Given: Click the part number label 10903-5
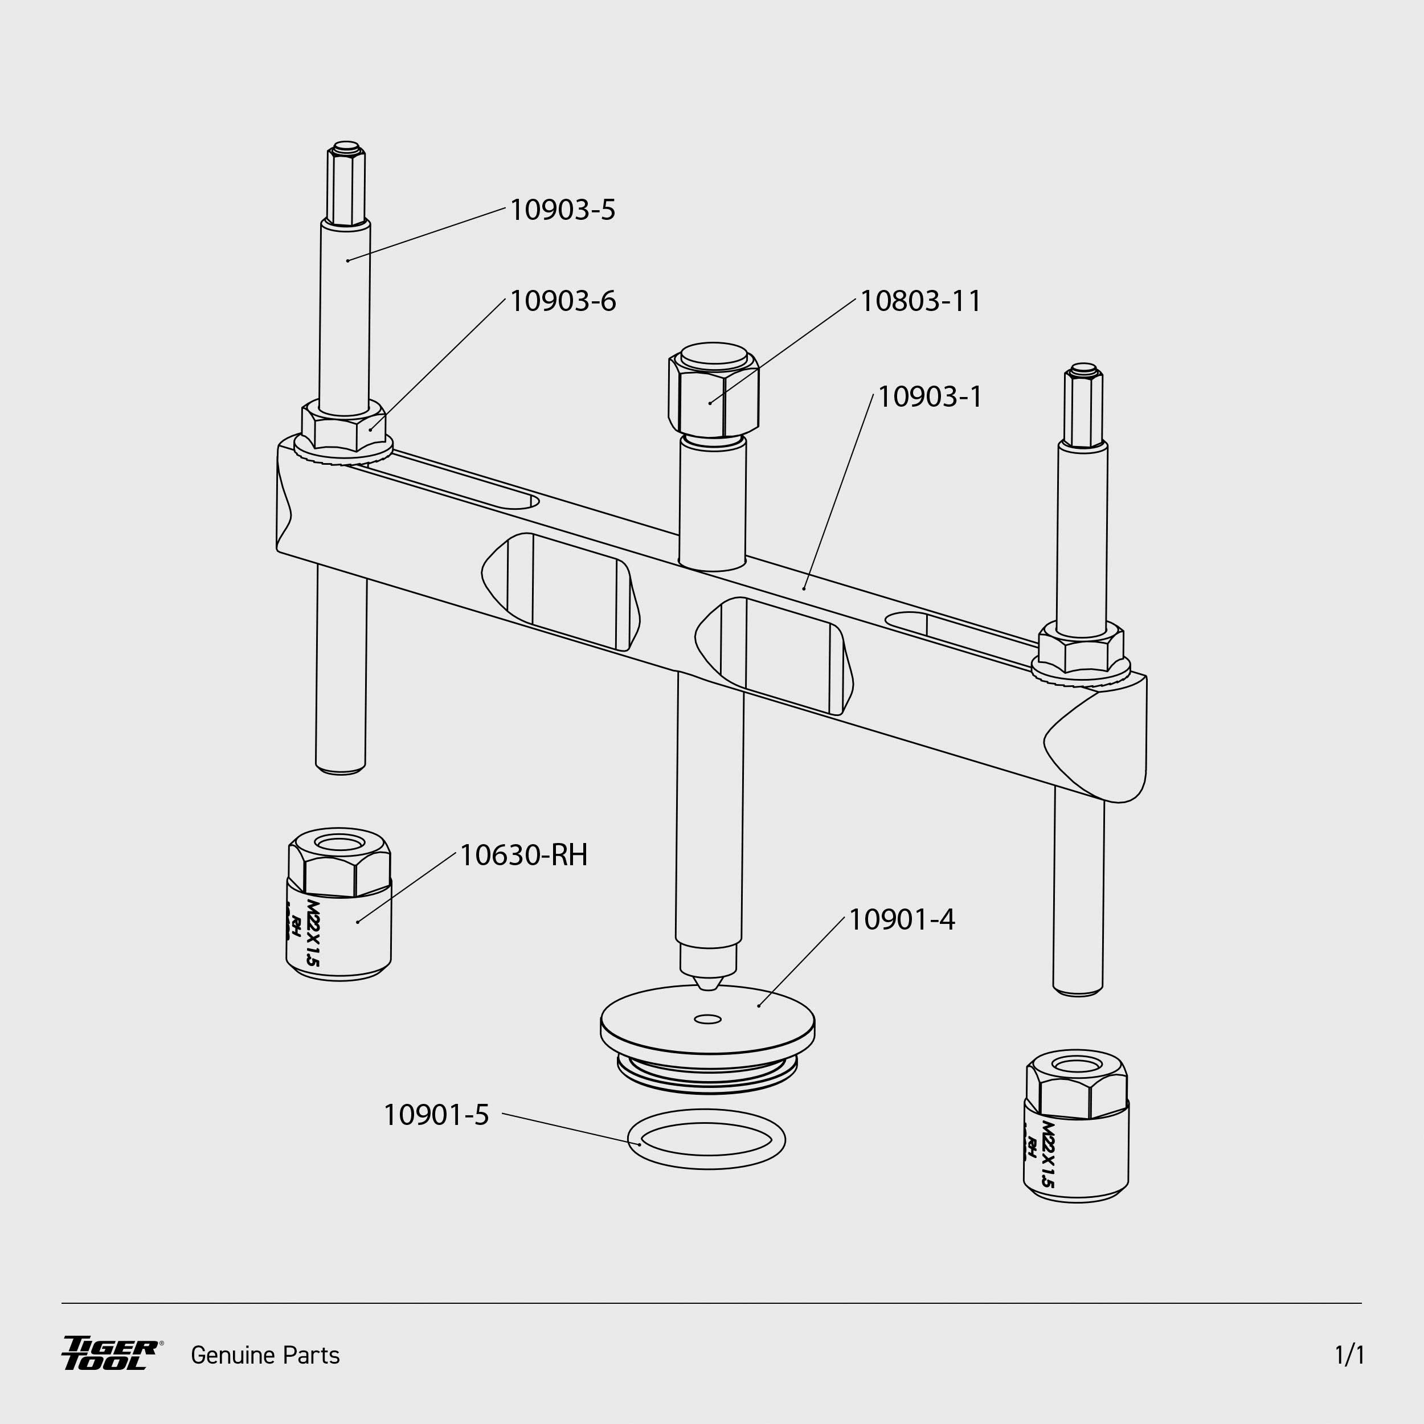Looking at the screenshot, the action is click(x=562, y=210).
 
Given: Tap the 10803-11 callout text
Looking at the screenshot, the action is click(x=920, y=301).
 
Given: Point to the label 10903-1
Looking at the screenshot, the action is click(x=930, y=397).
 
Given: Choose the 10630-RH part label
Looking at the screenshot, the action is click(x=523, y=856).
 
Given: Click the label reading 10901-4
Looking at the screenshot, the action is click(x=902, y=920).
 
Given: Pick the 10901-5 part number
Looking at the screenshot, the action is click(x=436, y=1115).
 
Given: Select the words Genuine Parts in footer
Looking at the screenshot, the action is click(x=265, y=1356).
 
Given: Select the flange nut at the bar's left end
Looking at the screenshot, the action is click(x=343, y=433).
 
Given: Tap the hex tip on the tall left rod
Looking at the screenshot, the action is click(x=346, y=183).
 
